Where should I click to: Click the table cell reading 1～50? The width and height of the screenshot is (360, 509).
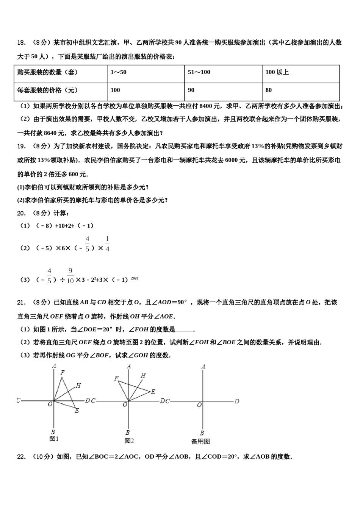point(119,72)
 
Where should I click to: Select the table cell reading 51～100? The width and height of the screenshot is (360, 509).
point(199,72)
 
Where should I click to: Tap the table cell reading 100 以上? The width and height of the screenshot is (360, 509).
point(277,72)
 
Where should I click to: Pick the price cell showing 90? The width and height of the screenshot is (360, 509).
point(191,90)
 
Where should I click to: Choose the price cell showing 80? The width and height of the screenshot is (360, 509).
point(269,90)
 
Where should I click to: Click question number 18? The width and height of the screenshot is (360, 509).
point(21,42)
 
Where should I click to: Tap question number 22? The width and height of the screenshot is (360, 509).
point(21,457)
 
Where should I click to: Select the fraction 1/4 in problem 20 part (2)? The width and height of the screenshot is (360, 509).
point(107,244)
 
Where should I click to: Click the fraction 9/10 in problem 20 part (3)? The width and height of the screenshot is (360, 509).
point(70,276)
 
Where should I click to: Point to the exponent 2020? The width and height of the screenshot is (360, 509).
point(135,278)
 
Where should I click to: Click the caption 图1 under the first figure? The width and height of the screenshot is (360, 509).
point(54,439)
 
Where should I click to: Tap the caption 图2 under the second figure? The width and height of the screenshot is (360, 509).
point(129,440)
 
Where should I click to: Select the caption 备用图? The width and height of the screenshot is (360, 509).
point(200,441)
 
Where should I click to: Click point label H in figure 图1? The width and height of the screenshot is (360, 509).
point(78,386)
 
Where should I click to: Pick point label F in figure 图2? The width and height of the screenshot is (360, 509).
point(116,378)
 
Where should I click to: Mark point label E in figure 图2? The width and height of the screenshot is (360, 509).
point(153,392)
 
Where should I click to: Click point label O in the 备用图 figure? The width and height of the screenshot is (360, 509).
point(199,405)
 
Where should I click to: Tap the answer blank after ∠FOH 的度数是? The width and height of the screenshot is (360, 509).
point(184,329)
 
